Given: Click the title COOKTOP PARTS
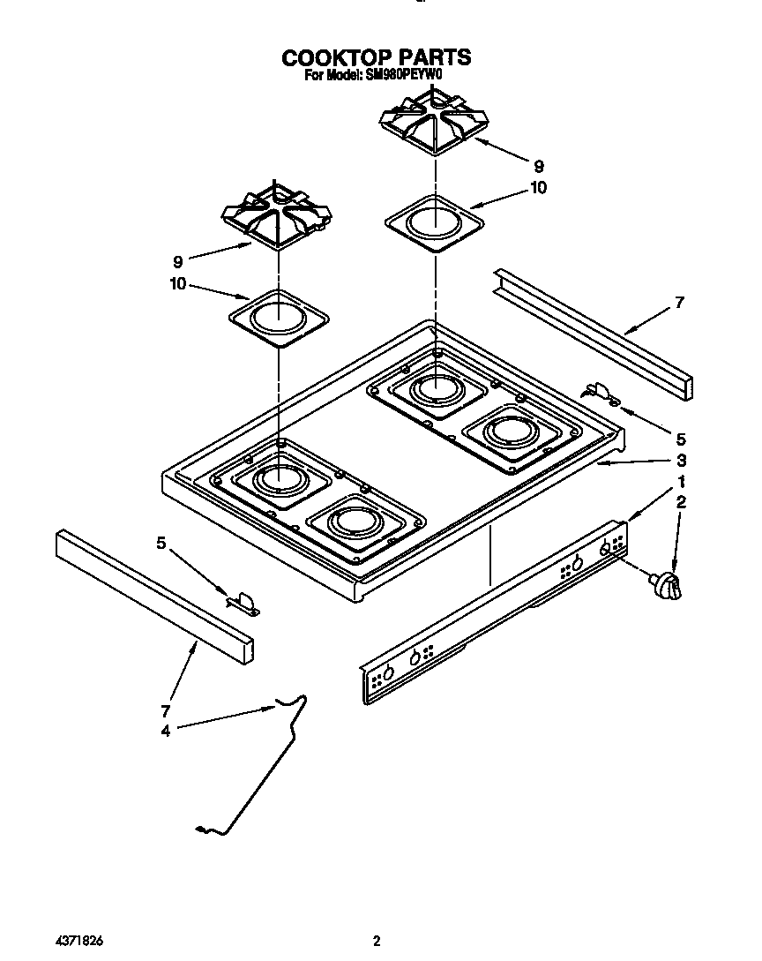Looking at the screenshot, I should [376, 57].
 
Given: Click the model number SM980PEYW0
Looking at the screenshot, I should [400, 76].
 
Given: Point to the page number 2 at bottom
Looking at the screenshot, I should [377, 941].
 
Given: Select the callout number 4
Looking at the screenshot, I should [166, 729].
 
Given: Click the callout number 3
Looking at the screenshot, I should [680, 460].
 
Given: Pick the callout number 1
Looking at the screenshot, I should [680, 482].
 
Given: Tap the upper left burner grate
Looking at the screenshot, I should [277, 214].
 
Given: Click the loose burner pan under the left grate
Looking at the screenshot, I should [278, 313].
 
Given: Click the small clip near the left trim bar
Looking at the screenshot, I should [244, 603].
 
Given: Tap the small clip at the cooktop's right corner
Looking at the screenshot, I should [601, 391].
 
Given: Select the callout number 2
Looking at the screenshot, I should [680, 503].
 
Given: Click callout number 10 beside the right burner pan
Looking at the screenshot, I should [538, 188].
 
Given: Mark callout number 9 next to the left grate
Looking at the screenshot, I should [178, 261].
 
